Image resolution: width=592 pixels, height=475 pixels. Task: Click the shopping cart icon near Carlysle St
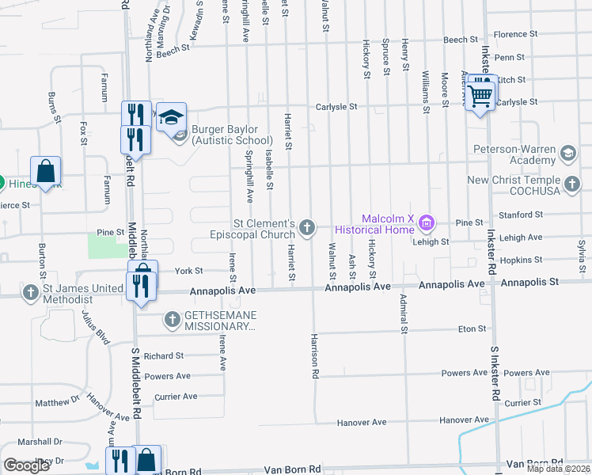click(480, 96)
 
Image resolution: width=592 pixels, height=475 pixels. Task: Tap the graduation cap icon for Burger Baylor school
click(170, 118)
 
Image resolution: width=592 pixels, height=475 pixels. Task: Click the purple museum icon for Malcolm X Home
click(427, 223)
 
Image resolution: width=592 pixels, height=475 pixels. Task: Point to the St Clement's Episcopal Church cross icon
click(307, 229)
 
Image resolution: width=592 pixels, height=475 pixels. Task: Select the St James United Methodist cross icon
click(30, 293)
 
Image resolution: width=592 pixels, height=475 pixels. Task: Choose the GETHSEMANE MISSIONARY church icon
click(172, 320)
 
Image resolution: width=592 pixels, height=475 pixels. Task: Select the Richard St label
click(164, 356)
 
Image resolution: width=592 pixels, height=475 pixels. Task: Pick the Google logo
click(26, 465)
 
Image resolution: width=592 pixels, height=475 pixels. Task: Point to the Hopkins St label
click(521, 260)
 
